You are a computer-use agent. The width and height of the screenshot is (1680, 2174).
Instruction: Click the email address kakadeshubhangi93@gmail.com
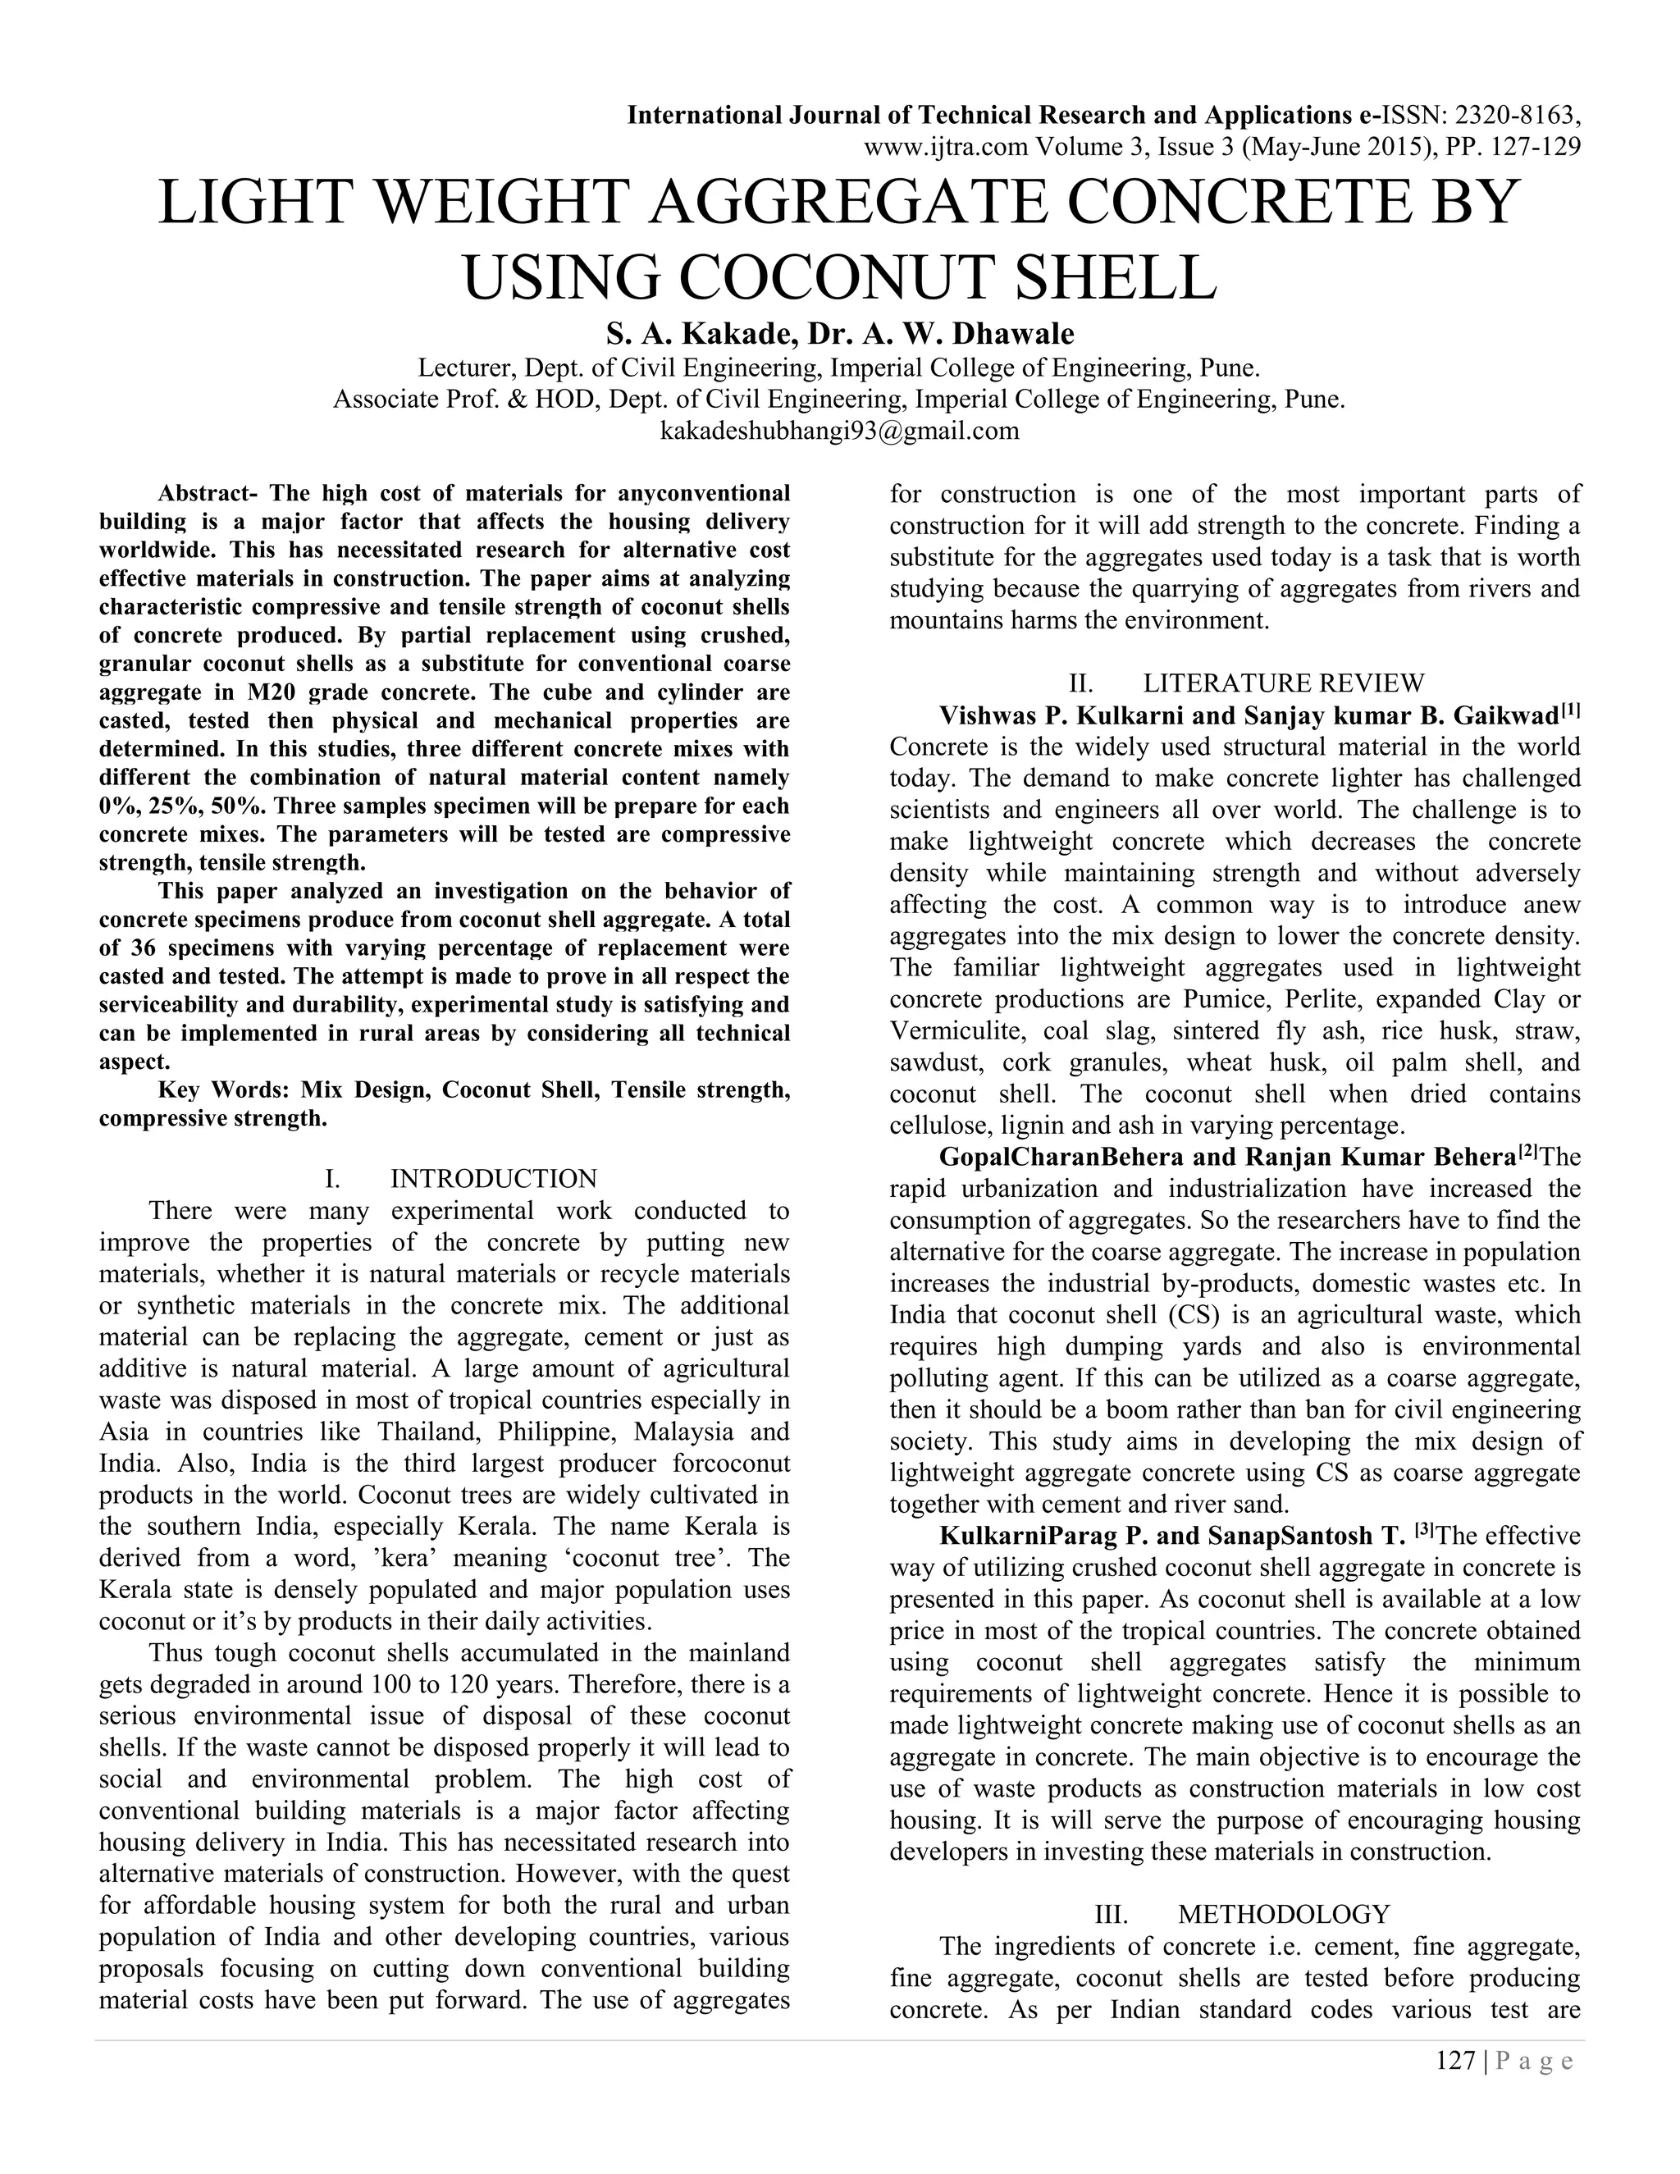pos(840,431)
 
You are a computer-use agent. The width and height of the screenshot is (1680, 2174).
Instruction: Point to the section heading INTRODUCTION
pos(494,1179)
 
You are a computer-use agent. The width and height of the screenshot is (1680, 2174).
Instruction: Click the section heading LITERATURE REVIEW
pos(1283,683)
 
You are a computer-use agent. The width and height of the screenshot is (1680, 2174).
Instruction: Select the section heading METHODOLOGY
pos(1283,1913)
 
